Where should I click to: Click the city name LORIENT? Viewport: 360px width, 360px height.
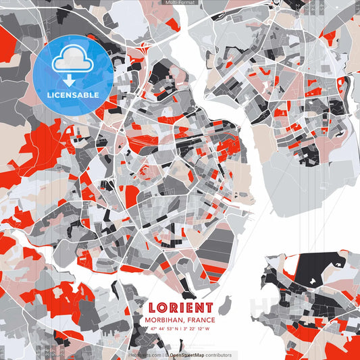180,307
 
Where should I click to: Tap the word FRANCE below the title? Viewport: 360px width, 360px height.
201,320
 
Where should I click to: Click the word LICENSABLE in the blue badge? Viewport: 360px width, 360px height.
73,95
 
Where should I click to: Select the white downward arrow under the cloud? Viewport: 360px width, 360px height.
69,80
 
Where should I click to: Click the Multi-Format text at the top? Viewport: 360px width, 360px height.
179,3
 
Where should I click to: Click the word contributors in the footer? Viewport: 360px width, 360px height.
217,355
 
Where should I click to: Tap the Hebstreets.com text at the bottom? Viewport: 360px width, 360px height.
145,355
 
